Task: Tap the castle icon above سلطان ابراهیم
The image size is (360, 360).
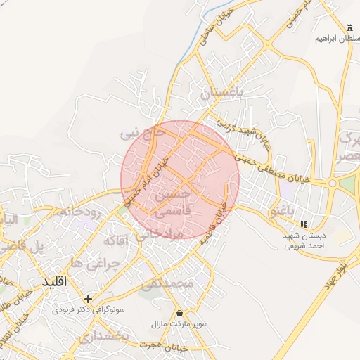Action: (x=349, y=26)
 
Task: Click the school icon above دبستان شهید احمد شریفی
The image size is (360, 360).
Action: (x=303, y=225)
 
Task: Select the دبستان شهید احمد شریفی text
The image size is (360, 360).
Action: (x=304, y=242)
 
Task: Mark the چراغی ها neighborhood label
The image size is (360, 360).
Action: (x=97, y=262)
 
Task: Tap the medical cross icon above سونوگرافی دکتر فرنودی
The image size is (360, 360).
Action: (x=88, y=298)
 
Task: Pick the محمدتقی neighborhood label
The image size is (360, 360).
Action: (x=167, y=285)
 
